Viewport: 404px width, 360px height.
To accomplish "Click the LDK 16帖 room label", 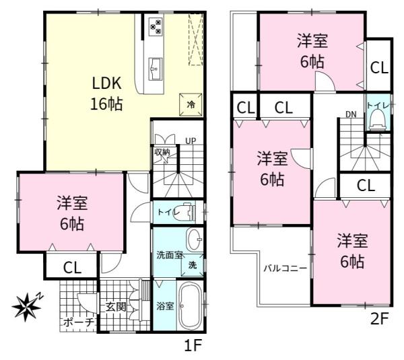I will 106,93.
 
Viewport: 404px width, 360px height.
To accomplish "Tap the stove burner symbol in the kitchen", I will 155,26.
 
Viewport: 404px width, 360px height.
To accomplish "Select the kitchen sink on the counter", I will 156,66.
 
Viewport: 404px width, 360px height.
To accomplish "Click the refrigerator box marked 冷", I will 191,104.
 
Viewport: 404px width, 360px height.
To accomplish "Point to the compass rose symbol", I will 26,306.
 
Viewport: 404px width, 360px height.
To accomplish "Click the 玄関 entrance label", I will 116,307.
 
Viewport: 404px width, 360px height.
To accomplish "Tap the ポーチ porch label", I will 77,322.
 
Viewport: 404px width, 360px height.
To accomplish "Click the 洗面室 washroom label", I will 170,254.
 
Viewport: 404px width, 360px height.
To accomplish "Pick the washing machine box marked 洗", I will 193,265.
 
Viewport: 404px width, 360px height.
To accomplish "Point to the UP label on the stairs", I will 191,141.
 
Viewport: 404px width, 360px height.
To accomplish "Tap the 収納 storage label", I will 161,152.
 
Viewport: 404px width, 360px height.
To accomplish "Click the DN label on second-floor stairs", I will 351,114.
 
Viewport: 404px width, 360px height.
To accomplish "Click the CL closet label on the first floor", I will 72,267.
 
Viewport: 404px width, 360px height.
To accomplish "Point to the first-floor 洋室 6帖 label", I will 71,214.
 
